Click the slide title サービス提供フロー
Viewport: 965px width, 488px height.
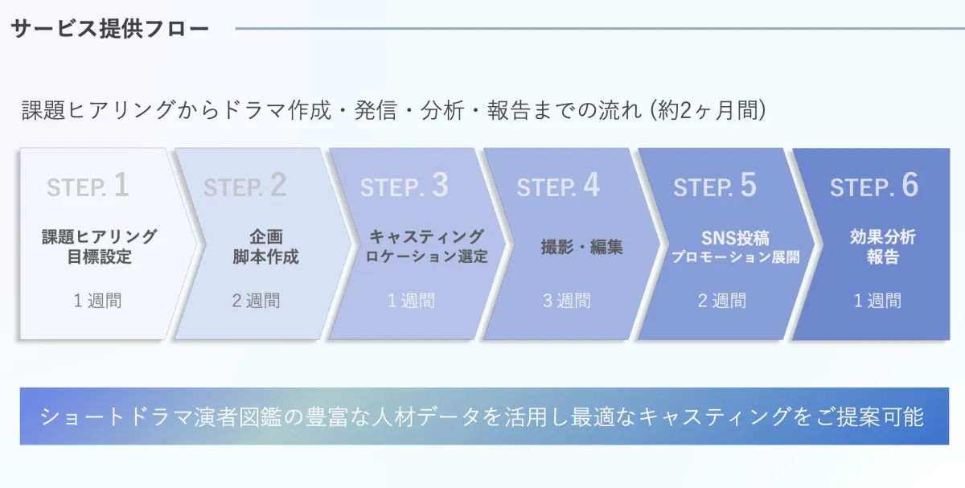tap(110, 29)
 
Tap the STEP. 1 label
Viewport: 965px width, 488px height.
tap(88, 186)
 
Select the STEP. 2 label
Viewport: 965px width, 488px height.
tap(244, 186)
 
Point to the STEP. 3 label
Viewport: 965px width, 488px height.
tap(404, 186)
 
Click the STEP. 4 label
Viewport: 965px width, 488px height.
tap(558, 186)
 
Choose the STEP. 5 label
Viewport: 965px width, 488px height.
tap(715, 186)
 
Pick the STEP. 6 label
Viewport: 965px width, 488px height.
tap(874, 186)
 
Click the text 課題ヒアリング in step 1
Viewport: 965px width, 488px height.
tap(100, 237)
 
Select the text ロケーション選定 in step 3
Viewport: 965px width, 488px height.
tap(427, 258)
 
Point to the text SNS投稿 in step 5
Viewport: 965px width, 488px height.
tap(736, 238)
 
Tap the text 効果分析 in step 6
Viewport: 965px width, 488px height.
tap(883, 237)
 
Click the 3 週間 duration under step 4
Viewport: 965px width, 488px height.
tap(567, 301)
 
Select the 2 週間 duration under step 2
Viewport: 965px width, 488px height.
tap(256, 301)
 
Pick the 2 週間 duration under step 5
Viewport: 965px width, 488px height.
tap(722, 301)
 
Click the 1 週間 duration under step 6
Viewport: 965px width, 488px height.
tap(877, 301)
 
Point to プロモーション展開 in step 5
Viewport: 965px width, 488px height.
tap(736, 258)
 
